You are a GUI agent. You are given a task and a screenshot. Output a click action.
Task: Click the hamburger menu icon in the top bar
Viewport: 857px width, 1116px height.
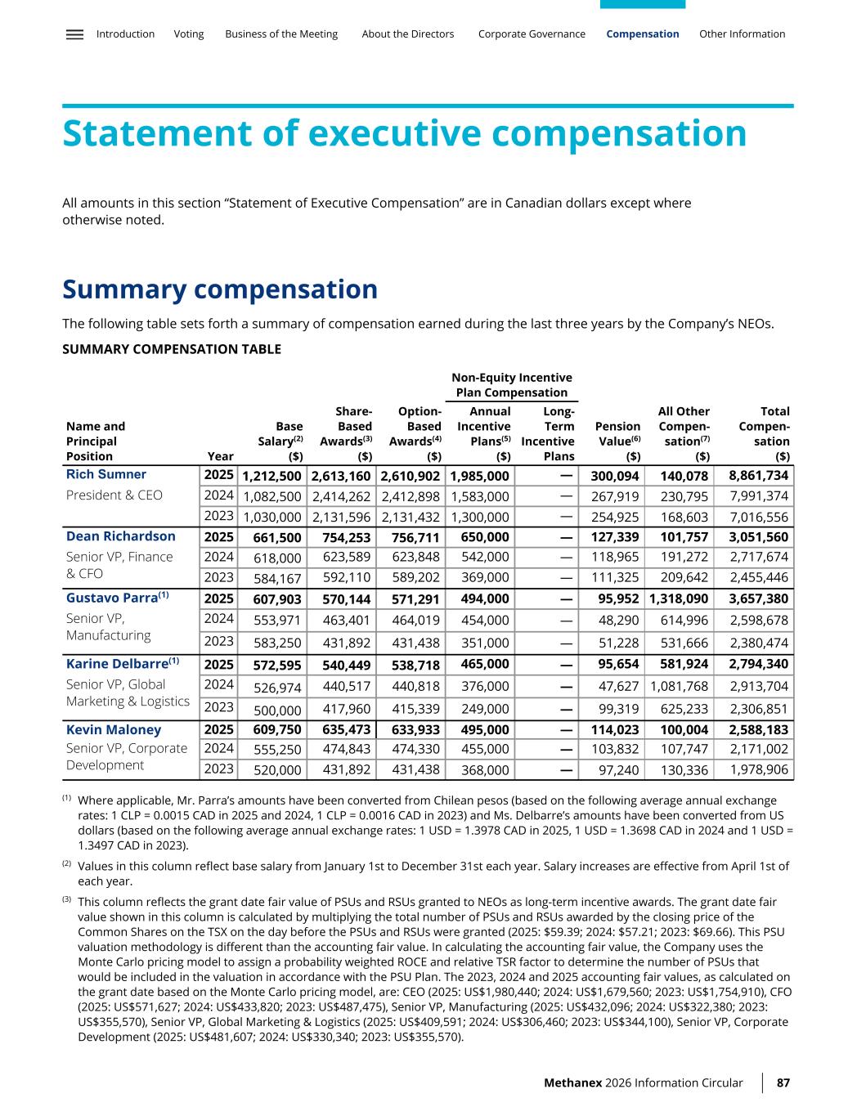click(74, 34)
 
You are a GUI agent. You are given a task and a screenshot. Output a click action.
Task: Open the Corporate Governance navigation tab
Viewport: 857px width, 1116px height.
click(532, 34)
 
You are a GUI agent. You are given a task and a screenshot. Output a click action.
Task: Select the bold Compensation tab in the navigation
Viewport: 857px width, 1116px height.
click(642, 34)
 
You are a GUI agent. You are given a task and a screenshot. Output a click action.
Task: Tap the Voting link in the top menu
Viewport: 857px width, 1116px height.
click(189, 34)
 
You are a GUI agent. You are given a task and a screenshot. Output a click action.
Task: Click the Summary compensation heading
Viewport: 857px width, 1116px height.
click(220, 289)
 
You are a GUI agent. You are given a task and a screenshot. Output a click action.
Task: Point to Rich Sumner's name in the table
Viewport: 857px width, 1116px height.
click(106, 474)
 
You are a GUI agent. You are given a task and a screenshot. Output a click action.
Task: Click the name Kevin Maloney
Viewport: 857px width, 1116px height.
click(114, 729)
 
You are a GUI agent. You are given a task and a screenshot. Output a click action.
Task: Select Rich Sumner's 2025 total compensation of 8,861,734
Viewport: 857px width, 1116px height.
click(758, 475)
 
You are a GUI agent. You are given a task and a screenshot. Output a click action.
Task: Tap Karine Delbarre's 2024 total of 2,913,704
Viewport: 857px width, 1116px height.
click(758, 686)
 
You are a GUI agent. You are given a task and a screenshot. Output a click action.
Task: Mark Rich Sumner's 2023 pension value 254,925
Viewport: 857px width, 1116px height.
click(615, 517)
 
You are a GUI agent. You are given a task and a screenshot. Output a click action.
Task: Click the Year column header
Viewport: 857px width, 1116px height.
click(221, 456)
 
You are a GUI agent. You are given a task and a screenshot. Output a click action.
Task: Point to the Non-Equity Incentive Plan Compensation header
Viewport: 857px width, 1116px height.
click(512, 384)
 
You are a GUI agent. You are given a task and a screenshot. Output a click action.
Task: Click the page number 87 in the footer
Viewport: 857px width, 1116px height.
click(783, 1082)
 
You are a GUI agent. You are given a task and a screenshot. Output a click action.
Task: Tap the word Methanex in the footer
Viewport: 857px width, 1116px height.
click(572, 1082)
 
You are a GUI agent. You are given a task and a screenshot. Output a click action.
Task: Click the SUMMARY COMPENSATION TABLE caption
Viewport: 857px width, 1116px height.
click(172, 349)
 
